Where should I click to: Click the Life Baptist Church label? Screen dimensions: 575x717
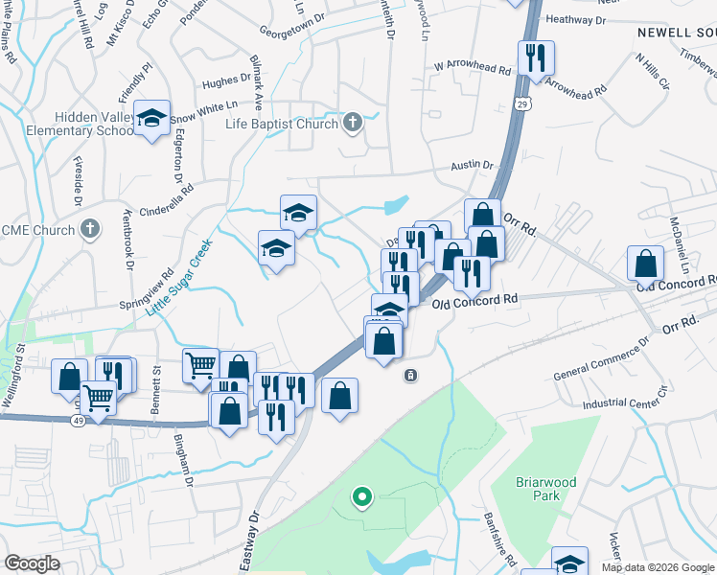tap(281, 124)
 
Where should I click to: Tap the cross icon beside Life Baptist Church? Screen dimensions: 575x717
tap(353, 123)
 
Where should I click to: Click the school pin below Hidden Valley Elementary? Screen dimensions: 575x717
tap(151, 119)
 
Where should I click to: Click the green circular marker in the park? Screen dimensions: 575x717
tap(361, 496)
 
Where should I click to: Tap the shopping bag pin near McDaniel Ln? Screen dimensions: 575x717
tap(646, 264)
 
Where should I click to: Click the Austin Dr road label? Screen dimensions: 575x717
tap(474, 166)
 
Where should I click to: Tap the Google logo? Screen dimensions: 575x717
tap(33, 563)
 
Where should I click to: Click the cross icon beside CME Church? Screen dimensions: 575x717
tap(90, 228)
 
